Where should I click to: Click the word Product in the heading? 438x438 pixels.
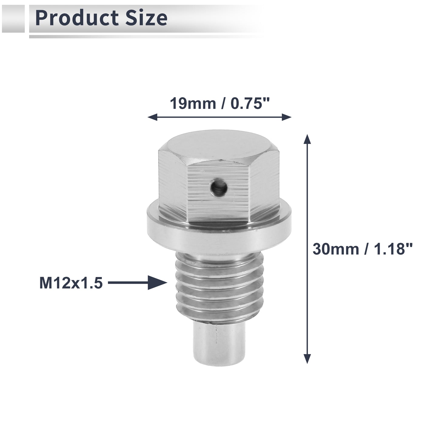[x=77, y=18]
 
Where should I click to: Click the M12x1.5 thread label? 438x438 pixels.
[x=71, y=283]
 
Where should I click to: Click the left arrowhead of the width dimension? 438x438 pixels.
[x=152, y=117]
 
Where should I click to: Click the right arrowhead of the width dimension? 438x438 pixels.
[x=287, y=117]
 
